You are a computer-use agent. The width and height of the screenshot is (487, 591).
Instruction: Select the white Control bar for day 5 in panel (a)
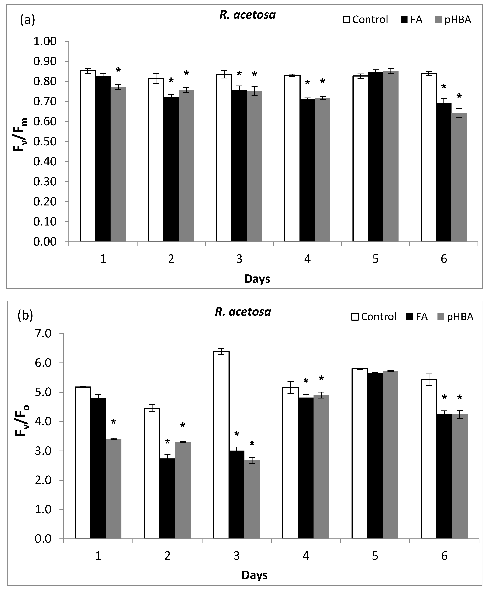tap(360, 159)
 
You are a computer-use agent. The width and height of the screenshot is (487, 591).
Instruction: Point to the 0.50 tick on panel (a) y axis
tap(45, 142)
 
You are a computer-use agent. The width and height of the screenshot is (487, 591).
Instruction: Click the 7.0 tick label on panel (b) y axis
tap(44, 334)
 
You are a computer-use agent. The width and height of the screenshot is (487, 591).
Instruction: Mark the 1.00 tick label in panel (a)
tap(45, 42)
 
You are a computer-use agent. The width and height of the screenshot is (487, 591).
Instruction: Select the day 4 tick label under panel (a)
tap(308, 259)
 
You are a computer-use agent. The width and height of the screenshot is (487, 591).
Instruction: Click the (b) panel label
tap(25, 316)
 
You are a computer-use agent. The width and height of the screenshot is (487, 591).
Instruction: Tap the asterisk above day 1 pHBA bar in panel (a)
tap(118, 70)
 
